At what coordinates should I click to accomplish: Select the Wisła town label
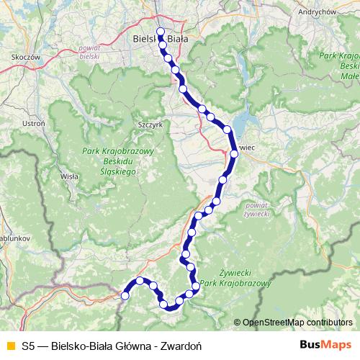[x=69, y=175]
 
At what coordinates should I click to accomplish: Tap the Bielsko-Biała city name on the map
[x=161, y=40]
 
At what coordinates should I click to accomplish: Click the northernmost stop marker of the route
[x=160, y=31]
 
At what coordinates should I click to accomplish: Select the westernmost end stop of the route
[x=125, y=295]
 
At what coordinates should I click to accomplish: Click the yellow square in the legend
[x=9, y=345]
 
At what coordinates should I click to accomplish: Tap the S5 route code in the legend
[x=28, y=345]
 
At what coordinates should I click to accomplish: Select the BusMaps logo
[x=325, y=344]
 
